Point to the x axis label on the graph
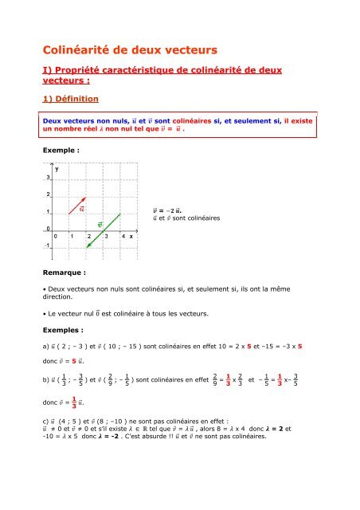point(131,237)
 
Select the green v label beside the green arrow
point(100,224)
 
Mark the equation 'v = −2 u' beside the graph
point(172,210)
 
